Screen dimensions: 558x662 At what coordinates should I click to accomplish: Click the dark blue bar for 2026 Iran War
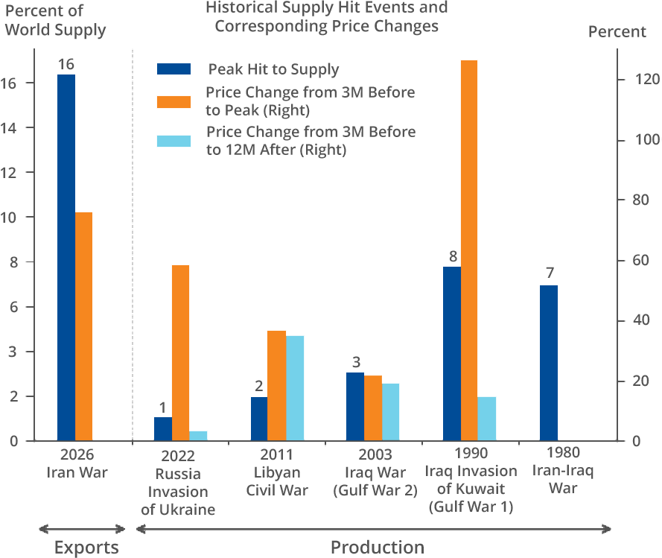(x=66, y=257)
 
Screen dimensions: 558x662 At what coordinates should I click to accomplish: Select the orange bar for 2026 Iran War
(x=84, y=326)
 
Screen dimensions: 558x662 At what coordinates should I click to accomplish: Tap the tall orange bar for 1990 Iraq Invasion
(x=469, y=250)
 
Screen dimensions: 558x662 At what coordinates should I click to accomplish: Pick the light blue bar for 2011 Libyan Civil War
(x=295, y=387)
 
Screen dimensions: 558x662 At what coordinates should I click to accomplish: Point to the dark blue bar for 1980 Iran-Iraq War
(x=549, y=363)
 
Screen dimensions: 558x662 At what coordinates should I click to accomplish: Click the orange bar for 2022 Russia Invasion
(x=180, y=352)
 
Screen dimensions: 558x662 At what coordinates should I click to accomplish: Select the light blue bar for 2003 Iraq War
(x=391, y=412)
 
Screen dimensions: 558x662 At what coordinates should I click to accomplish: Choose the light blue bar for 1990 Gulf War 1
(x=487, y=418)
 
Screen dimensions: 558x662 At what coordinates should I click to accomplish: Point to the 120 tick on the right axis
(x=633, y=80)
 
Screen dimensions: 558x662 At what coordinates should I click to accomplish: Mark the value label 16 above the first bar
(x=66, y=65)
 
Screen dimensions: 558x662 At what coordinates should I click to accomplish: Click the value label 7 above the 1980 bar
(x=549, y=273)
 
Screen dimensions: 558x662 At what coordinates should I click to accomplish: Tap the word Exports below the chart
(x=86, y=548)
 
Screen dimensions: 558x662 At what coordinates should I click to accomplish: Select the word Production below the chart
(x=378, y=548)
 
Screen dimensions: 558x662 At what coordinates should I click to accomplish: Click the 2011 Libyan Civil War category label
(x=276, y=472)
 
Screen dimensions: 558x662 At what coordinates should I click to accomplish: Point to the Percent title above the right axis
(x=617, y=32)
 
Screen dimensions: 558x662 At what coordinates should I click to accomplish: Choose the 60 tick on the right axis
(x=633, y=261)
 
